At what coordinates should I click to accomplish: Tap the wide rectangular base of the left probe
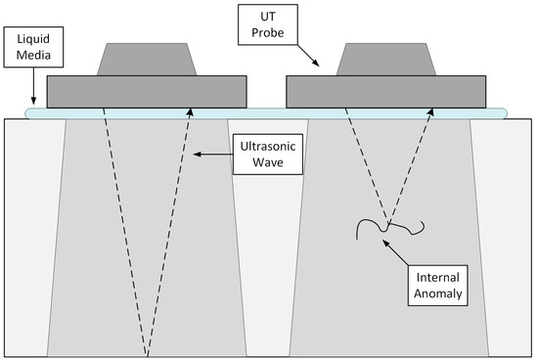tap(146, 92)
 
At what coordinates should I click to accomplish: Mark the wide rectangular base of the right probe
tap(387, 92)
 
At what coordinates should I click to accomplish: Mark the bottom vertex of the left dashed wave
tap(148, 354)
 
